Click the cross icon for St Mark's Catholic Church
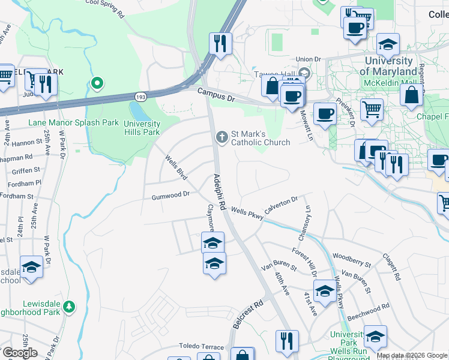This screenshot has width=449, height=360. click(x=221, y=137)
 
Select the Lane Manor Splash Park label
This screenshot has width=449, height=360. click(x=73, y=122)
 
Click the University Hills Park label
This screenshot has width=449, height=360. click(x=142, y=128)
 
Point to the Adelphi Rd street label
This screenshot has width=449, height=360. click(x=218, y=192)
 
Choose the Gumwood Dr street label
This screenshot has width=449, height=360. click(x=170, y=195)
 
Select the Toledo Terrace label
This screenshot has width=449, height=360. click(x=201, y=347)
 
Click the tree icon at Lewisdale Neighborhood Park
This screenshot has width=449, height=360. click(x=70, y=307)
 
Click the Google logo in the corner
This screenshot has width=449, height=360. click(x=19, y=353)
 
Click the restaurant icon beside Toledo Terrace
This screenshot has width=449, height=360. click(x=287, y=340)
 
